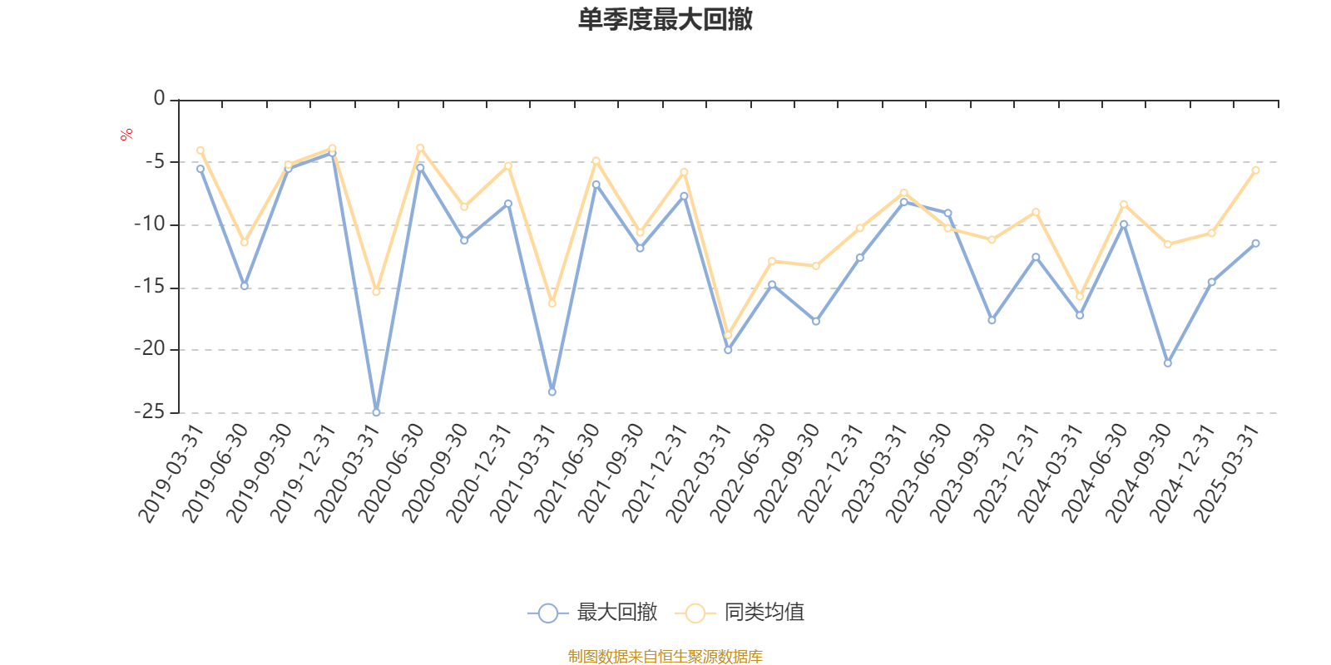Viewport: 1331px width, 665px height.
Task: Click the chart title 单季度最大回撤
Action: (665, 20)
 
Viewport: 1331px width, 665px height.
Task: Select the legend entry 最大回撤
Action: (593, 613)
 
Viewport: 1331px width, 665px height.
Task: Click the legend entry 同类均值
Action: (740, 613)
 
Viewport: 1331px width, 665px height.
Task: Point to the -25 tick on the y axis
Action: (150, 412)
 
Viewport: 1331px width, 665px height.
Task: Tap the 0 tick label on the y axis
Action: (159, 100)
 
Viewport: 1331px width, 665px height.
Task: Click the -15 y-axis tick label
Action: (150, 288)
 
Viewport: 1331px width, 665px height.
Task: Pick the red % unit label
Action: (126, 135)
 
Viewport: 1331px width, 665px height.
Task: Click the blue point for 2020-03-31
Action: (376, 412)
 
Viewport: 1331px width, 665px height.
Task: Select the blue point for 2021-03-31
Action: (552, 392)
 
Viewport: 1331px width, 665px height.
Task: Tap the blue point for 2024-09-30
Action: (1168, 363)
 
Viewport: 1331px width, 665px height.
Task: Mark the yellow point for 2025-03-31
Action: (1255, 170)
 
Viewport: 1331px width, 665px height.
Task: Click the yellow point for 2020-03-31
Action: (376, 292)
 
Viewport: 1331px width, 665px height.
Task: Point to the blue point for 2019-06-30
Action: (245, 286)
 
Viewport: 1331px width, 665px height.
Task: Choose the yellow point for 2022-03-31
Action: (728, 335)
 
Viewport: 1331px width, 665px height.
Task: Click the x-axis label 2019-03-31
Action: (171, 474)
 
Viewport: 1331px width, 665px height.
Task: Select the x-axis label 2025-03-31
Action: (1227, 474)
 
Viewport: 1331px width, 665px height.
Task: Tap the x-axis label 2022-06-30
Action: (744, 474)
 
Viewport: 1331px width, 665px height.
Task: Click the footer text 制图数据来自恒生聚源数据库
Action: (665, 657)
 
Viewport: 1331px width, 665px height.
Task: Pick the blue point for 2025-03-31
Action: (1255, 243)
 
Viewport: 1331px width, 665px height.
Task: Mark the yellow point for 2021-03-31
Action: (552, 303)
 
